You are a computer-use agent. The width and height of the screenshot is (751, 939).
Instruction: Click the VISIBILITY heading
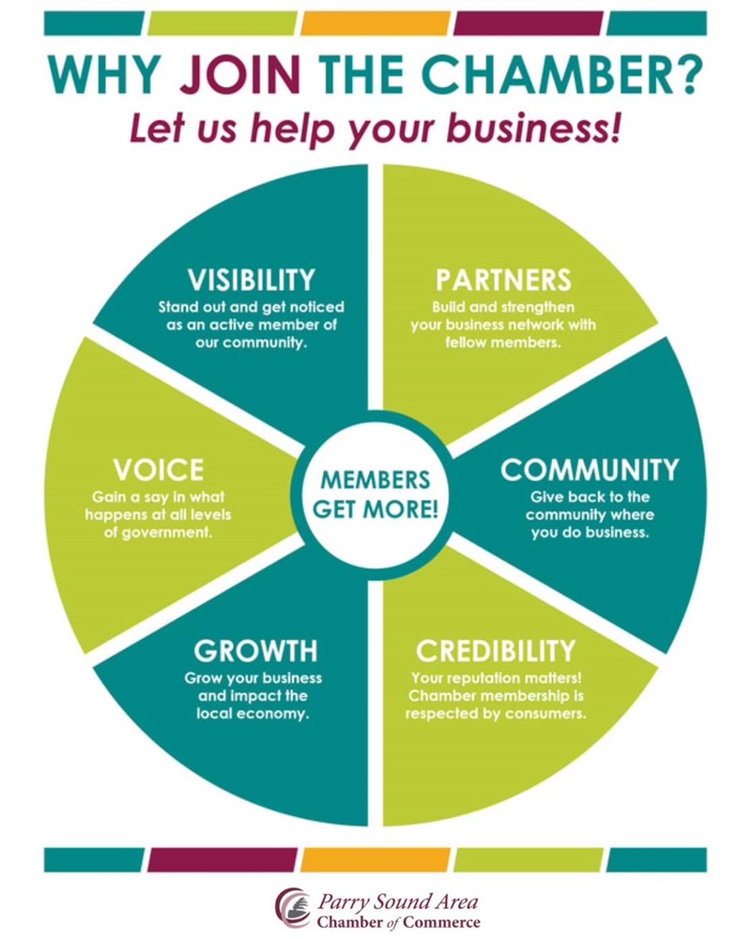tap(250, 280)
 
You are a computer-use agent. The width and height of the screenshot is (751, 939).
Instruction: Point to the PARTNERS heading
tap(503, 280)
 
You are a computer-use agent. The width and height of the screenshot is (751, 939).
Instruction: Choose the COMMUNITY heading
tap(589, 469)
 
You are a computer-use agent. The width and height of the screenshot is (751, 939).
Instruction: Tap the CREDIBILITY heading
tap(495, 650)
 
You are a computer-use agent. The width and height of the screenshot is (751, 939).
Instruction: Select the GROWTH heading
tap(255, 650)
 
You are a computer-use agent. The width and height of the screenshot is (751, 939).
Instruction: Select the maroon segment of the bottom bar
tap(222, 859)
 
